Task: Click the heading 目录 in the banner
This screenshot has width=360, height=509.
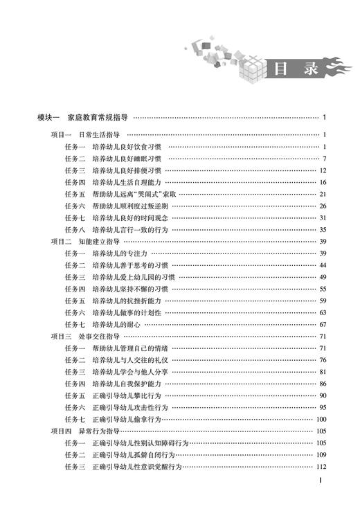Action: [x=289, y=69]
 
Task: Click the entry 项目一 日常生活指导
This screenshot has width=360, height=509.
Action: [x=87, y=134]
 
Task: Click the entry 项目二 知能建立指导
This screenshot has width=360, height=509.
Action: [x=87, y=241]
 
